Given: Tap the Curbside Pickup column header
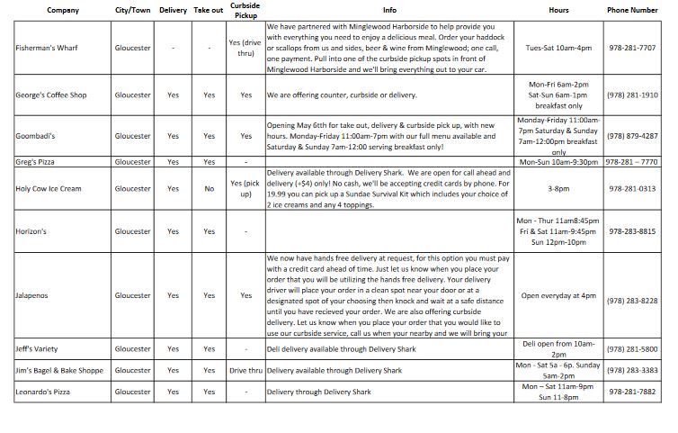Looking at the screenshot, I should (245, 11).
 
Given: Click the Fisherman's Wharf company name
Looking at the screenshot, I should (46, 48).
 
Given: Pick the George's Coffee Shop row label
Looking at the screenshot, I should (49, 95).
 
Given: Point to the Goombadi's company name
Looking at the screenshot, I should (36, 136).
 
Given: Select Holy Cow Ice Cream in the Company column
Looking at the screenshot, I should (49, 189).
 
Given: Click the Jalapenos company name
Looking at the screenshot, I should (34, 295).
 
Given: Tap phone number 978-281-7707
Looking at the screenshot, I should (632, 48).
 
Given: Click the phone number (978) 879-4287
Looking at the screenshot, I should (632, 136).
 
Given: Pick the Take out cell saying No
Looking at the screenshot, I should (209, 189).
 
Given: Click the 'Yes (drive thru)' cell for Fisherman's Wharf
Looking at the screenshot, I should (245, 48).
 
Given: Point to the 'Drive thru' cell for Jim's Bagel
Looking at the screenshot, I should (245, 370).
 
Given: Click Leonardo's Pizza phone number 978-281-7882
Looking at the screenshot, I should (632, 392).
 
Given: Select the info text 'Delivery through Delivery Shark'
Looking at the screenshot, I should (319, 392).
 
